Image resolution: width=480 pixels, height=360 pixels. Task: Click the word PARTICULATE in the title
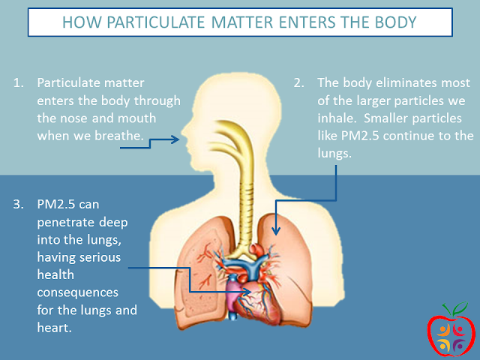pyautogui.click(x=156, y=22)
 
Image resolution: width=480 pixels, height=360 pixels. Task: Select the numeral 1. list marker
pyautogui.click(x=18, y=82)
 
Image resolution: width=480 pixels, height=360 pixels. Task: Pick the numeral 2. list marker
pyautogui.click(x=298, y=82)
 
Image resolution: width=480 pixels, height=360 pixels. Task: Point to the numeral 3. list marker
pyautogui.click(x=18, y=204)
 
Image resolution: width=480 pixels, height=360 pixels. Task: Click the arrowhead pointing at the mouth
pyautogui.click(x=175, y=139)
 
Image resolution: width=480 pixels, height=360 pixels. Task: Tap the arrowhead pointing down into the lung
pyautogui.click(x=276, y=231)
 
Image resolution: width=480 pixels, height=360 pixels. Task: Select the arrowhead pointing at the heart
pyautogui.click(x=247, y=292)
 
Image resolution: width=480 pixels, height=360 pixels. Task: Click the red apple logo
pyautogui.click(x=451, y=330)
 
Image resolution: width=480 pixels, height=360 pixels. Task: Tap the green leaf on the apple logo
pyautogui.click(x=460, y=307)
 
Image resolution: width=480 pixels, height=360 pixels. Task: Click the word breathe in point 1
pyautogui.click(x=119, y=136)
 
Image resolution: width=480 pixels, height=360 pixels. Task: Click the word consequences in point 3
pyautogui.click(x=78, y=292)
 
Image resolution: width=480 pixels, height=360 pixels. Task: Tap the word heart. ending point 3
pyautogui.click(x=55, y=328)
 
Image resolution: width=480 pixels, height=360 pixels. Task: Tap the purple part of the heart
pyautogui.click(x=233, y=295)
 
